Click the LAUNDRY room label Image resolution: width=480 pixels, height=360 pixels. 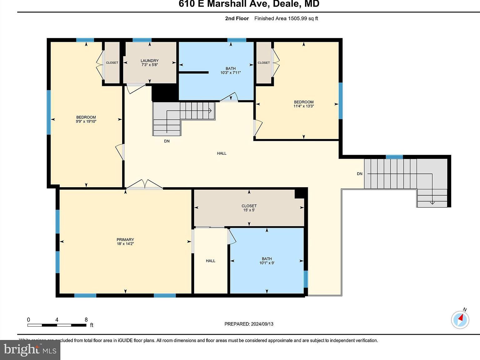[149, 61]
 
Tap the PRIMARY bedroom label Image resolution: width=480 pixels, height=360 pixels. [125, 240]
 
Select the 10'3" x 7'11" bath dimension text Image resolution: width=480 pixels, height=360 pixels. [231, 73]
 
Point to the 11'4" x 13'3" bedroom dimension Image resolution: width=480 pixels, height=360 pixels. [303, 106]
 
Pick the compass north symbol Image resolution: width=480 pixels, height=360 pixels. [460, 319]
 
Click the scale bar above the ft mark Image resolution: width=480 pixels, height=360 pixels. [57, 325]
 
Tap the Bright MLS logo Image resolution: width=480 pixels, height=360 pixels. [30, 350]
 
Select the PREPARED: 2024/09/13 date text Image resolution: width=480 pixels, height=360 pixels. [249, 324]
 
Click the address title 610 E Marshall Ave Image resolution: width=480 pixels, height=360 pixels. [249, 4]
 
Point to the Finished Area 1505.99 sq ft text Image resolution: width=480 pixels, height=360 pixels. [286, 18]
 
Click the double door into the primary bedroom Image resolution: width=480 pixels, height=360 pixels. [144, 185]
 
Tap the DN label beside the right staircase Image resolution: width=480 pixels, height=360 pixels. [360, 174]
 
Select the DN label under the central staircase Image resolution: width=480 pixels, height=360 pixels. [167, 141]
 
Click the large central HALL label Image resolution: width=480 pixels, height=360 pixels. [222, 153]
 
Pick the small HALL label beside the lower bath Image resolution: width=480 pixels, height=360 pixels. [210, 261]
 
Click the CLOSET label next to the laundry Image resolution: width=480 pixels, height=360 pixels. [112, 63]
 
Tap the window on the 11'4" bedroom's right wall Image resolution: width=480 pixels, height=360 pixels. [341, 101]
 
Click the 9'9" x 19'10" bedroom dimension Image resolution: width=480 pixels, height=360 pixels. [86, 122]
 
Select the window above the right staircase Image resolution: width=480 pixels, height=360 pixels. [394, 157]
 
